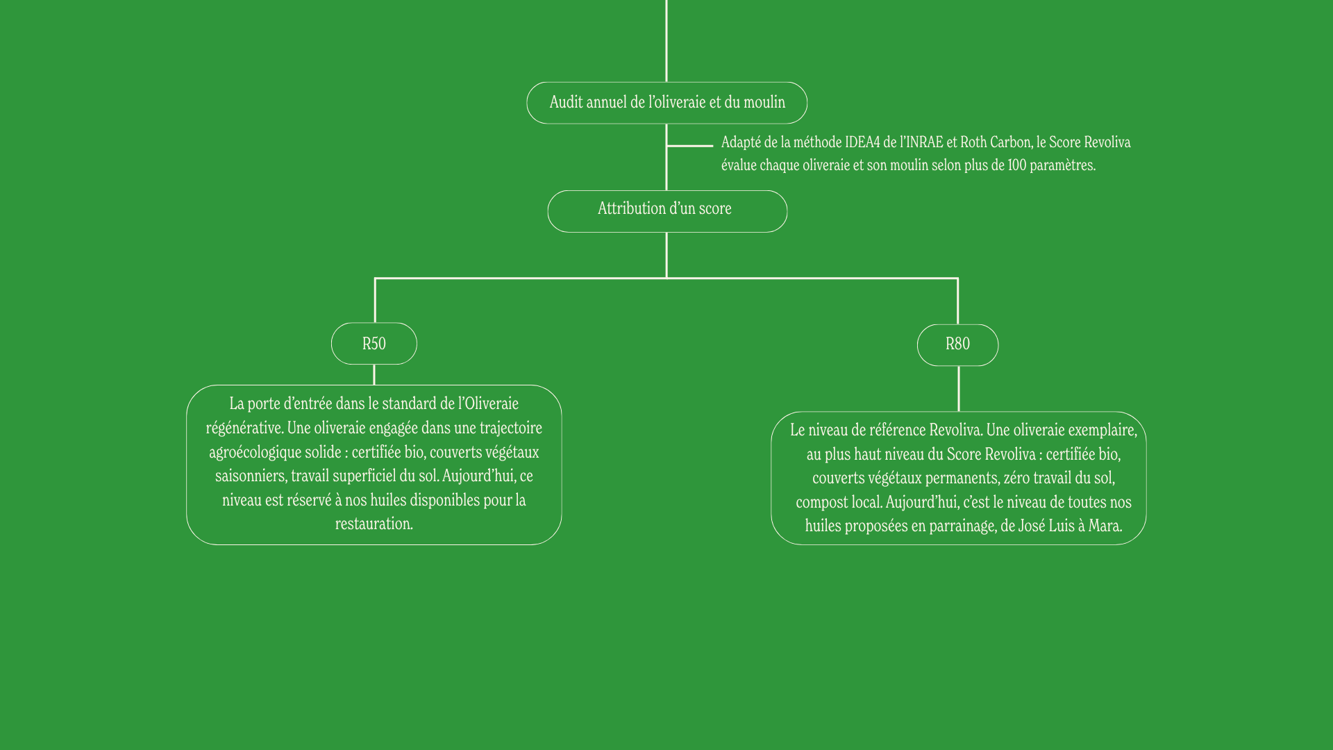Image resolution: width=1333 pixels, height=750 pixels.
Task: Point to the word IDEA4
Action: pos(862,142)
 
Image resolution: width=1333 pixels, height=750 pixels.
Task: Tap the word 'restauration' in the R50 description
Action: pos(373,524)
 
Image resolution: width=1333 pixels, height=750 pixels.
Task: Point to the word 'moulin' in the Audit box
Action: pos(764,102)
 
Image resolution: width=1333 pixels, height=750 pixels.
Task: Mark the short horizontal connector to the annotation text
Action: pos(690,146)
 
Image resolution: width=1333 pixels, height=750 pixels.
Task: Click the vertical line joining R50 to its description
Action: pos(374,375)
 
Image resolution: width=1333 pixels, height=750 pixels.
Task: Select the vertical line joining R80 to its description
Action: pos(959,389)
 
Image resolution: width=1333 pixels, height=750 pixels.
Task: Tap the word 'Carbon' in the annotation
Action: pos(1012,142)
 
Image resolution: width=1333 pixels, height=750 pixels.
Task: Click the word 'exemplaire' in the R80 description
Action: pos(1103,431)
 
